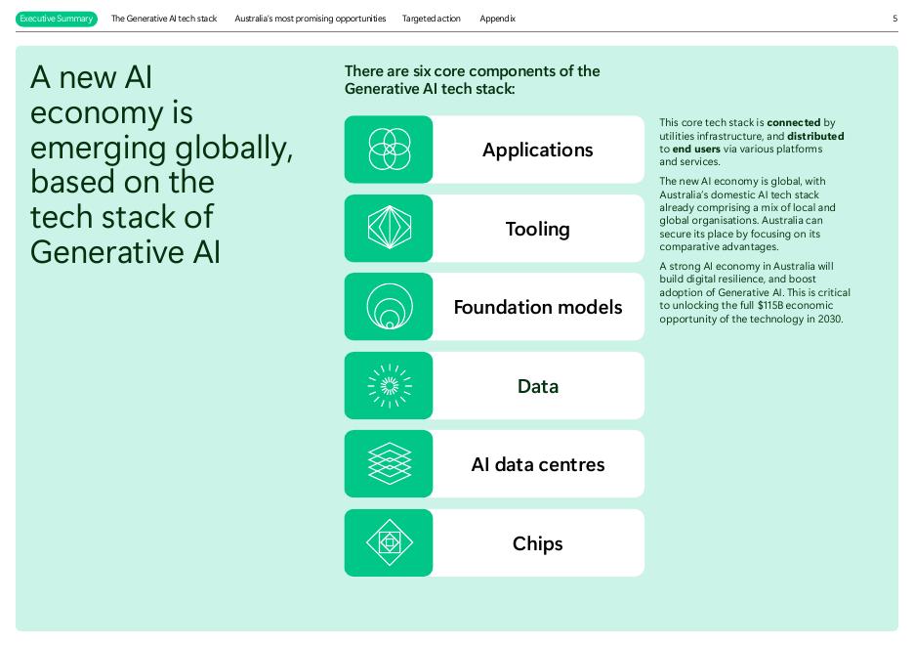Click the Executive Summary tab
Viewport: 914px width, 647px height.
coord(57,19)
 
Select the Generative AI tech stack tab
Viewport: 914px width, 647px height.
coord(164,19)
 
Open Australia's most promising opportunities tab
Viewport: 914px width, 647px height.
coord(310,19)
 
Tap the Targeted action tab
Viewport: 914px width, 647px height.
coord(431,19)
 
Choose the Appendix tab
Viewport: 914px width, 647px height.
coord(497,19)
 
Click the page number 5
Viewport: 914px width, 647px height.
coord(894,19)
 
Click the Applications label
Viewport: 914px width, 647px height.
coord(537,150)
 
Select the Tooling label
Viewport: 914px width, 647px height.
coord(537,229)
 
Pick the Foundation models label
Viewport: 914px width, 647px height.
coord(537,307)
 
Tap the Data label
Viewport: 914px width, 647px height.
coord(537,386)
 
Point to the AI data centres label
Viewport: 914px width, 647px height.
coord(537,464)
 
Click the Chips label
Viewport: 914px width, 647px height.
coord(537,543)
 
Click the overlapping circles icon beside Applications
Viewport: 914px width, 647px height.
coord(389,150)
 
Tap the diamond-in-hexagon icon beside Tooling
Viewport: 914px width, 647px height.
coord(389,229)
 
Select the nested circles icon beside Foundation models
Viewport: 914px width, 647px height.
coord(389,307)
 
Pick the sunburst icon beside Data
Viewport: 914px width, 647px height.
coord(389,386)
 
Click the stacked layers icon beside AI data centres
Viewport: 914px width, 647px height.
coord(389,464)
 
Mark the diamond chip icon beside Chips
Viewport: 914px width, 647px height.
coord(389,543)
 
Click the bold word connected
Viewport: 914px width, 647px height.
coord(793,123)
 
